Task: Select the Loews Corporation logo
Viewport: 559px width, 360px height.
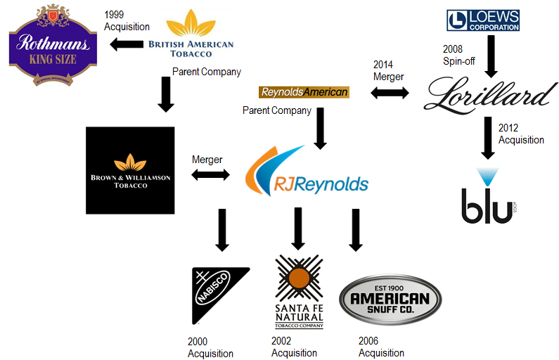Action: (483, 20)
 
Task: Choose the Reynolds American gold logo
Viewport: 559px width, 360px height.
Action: (304, 92)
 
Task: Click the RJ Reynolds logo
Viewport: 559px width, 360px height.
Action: (307, 174)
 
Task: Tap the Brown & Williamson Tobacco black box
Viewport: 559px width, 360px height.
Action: (130, 170)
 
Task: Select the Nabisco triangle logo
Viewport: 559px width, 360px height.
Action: (220, 294)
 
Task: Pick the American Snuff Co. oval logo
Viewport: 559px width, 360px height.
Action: (390, 300)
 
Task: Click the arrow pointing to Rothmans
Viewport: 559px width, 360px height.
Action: (126, 46)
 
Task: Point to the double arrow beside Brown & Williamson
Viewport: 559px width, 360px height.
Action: (212, 173)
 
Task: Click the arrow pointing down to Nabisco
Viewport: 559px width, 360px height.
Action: (222, 229)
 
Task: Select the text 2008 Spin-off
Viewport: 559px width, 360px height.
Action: (458, 56)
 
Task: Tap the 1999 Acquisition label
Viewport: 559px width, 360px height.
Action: (127, 20)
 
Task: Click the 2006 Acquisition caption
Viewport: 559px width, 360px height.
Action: (382, 347)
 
